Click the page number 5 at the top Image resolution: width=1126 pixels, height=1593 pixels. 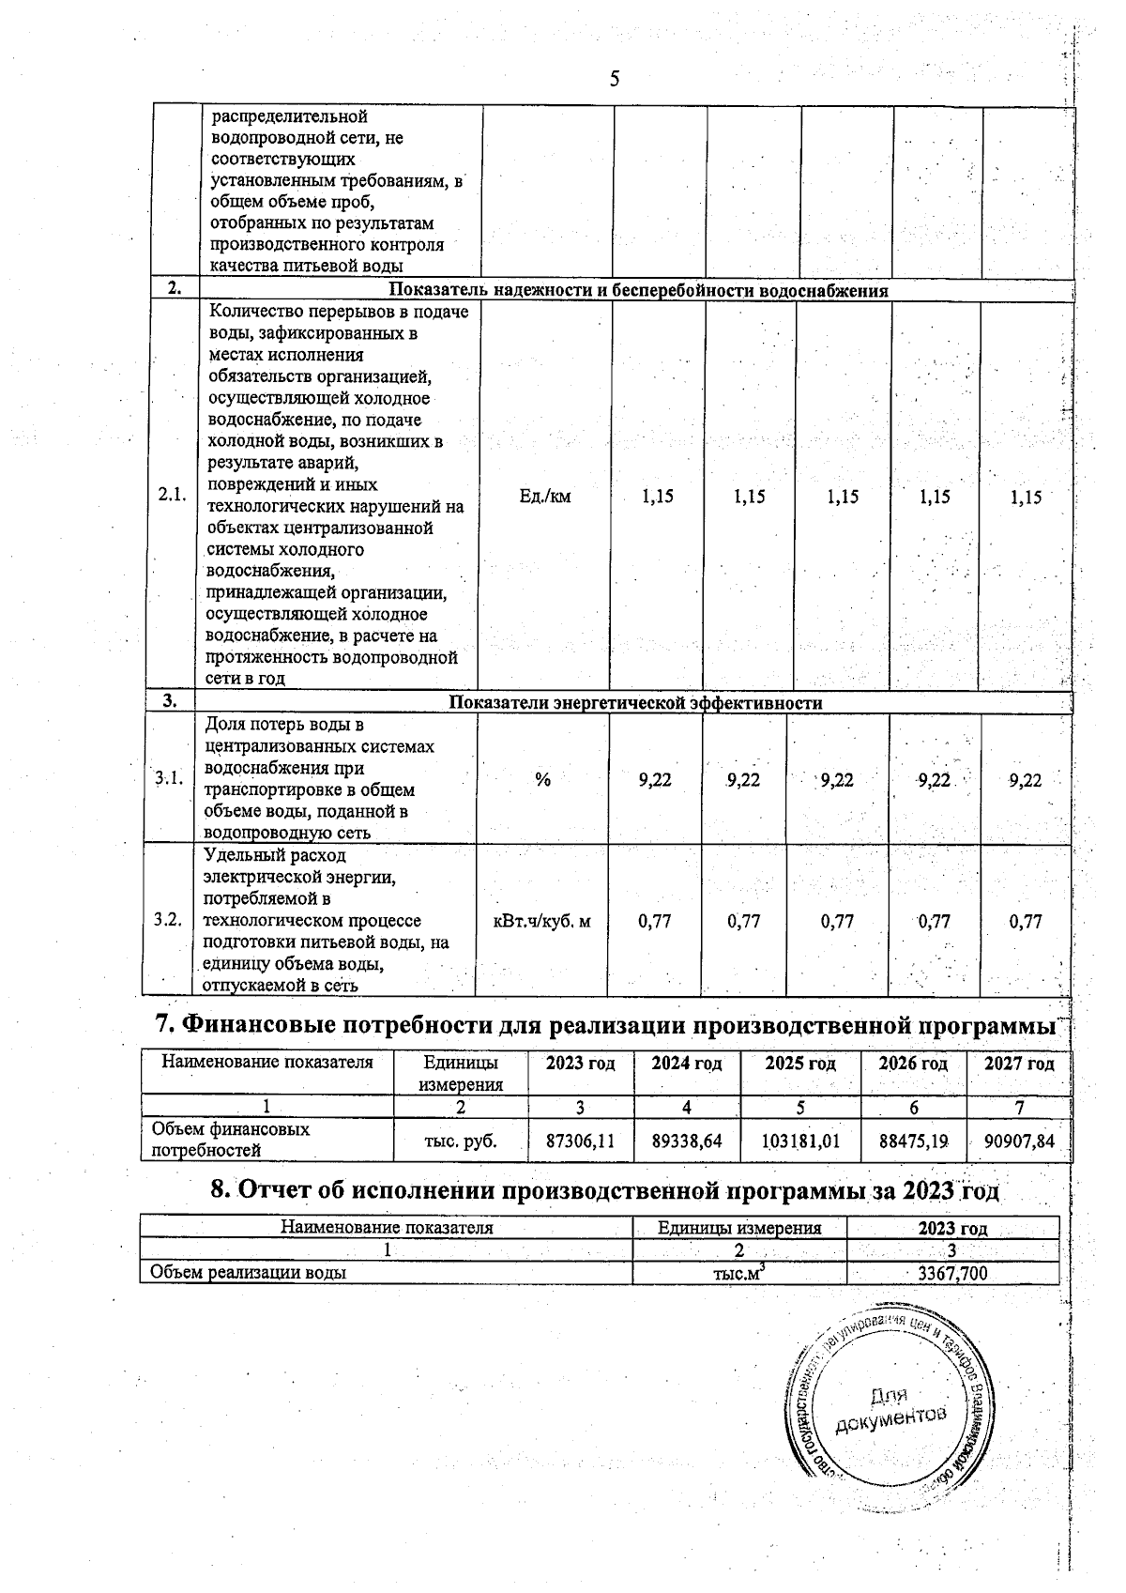[x=614, y=79]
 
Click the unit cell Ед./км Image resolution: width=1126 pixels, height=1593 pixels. [x=544, y=497]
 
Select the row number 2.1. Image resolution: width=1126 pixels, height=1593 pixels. [x=172, y=497]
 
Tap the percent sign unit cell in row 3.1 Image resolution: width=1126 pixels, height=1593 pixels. [x=542, y=779]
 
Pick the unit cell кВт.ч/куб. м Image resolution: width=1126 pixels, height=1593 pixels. [x=542, y=922]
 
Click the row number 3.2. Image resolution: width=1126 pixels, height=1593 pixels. [x=168, y=920]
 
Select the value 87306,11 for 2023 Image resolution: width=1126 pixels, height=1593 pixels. [x=581, y=1141]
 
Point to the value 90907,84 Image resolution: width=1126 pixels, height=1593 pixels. [x=1020, y=1141]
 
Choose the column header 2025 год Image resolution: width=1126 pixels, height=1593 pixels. [x=800, y=1064]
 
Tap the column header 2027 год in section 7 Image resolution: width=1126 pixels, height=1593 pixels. [x=1019, y=1064]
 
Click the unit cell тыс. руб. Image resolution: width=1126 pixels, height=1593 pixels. [x=460, y=1141]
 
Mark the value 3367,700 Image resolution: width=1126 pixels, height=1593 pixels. [x=952, y=1273]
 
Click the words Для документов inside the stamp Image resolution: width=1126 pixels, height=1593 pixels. [x=887, y=1409]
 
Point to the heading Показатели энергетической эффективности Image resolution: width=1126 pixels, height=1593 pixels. [x=635, y=703]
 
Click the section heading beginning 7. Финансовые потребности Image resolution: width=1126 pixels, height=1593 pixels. [x=606, y=1025]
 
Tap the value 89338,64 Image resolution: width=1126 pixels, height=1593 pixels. [x=688, y=1141]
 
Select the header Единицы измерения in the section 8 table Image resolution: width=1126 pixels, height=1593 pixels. [x=739, y=1228]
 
